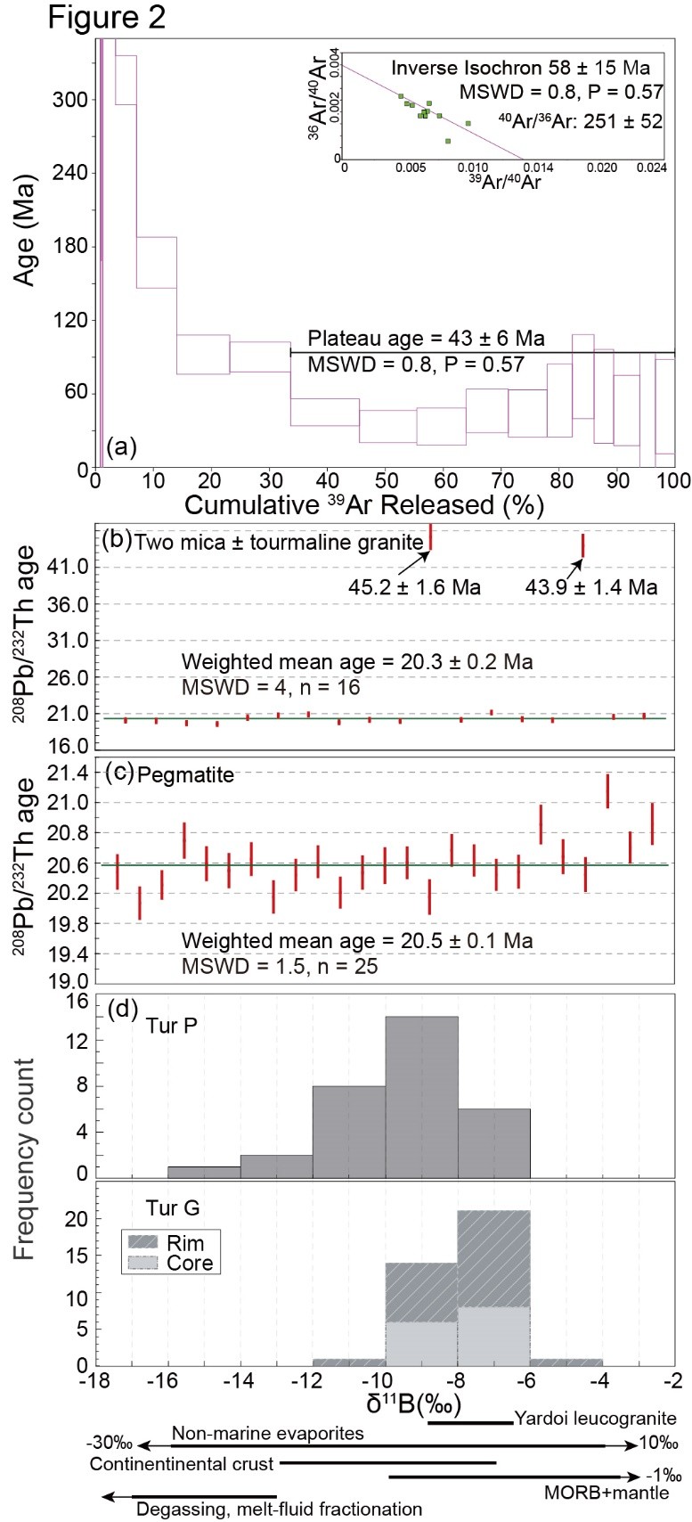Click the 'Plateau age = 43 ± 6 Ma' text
pyautogui.click(x=426, y=339)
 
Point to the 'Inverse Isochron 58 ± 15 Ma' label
pyautogui.click(x=521, y=68)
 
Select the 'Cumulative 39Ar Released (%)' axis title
pyautogui.click(x=363, y=505)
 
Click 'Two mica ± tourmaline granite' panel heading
pyautogui.click(x=279, y=542)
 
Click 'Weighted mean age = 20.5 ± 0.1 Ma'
pyautogui.click(x=357, y=941)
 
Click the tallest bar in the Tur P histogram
pyautogui.click(x=421, y=1096)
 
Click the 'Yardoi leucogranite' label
pyautogui.click(x=595, y=1418)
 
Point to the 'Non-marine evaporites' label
pyautogui.click(x=267, y=1434)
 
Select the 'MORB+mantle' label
pyautogui.click(x=593, y=1493)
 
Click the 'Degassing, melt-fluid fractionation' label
pyautogui.click(x=279, y=1509)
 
